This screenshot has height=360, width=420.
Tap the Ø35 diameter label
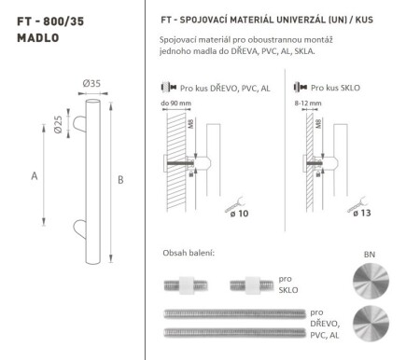[90, 85]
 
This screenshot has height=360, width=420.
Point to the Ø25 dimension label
[58, 122]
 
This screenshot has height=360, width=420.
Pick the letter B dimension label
[120, 180]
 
